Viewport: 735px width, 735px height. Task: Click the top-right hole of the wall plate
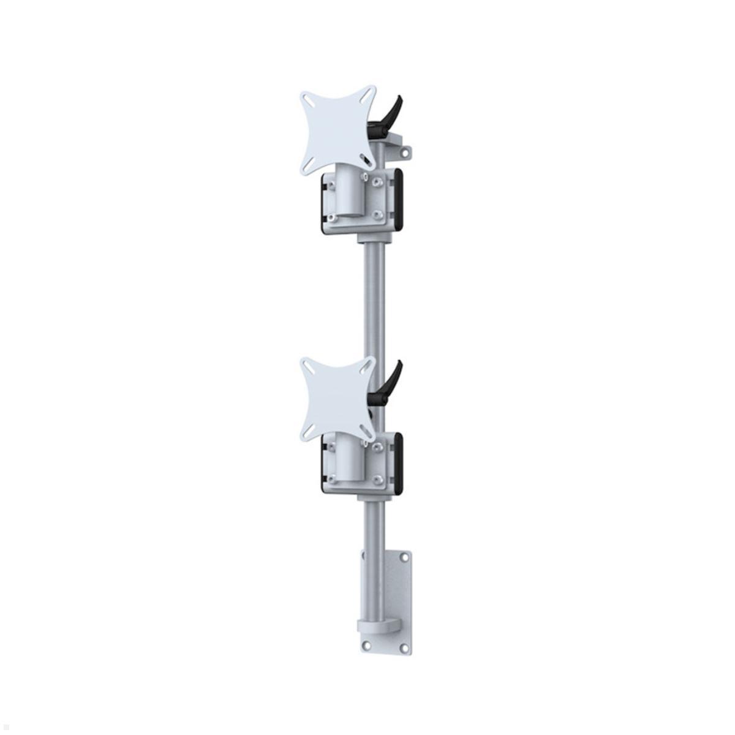pos(402,557)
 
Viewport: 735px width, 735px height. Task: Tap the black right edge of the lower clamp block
pos(399,462)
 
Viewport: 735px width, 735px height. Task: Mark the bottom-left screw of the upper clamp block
pos(331,218)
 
